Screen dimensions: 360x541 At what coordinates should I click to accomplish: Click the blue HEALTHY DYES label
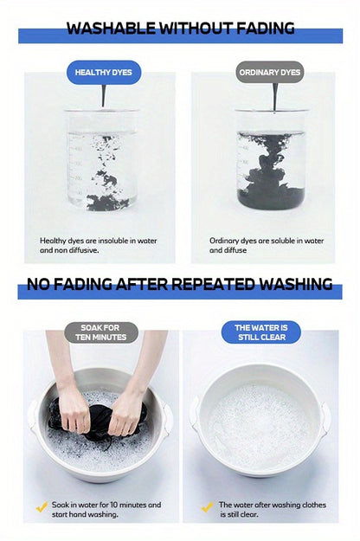click(x=104, y=73)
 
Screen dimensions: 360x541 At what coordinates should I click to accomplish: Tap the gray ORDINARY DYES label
click(x=270, y=73)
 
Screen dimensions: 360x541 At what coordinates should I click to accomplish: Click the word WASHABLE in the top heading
click(x=111, y=29)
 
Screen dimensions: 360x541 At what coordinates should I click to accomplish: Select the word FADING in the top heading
click(x=265, y=29)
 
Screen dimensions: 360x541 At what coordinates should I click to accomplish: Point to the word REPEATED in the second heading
click(x=214, y=284)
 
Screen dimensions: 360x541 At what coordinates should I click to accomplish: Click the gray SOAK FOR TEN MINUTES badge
click(x=101, y=332)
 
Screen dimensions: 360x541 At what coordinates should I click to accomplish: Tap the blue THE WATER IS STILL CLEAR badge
click(x=261, y=332)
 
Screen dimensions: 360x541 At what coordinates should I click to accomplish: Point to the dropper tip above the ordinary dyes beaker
click(x=274, y=110)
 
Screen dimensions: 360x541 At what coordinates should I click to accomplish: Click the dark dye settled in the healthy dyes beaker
click(x=107, y=203)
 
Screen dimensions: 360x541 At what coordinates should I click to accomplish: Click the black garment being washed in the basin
click(x=98, y=420)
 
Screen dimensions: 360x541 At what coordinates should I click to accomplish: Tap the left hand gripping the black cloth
click(x=74, y=409)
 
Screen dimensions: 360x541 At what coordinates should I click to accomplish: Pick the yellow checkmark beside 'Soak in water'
click(x=42, y=507)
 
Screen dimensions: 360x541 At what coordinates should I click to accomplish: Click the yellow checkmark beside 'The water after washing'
click(x=207, y=507)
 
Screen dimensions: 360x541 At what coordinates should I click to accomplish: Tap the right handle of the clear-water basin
click(x=326, y=416)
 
